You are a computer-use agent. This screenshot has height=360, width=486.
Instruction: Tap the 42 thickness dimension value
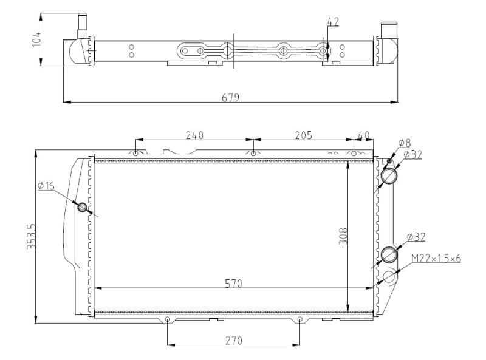tap(332, 22)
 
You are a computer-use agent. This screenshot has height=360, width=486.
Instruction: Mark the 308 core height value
tap(342, 236)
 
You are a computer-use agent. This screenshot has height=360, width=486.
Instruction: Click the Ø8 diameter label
tap(404, 143)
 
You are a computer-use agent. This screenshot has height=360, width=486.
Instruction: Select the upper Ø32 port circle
tap(389, 175)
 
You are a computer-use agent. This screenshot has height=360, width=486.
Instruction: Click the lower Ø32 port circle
tap(388, 254)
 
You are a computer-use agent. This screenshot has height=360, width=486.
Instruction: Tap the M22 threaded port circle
tap(389, 277)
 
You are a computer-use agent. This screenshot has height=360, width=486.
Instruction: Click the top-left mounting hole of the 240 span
tap(136, 153)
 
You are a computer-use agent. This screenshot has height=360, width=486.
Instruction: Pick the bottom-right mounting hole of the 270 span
tap(299, 319)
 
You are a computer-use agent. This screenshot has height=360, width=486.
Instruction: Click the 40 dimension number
tap(363, 135)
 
